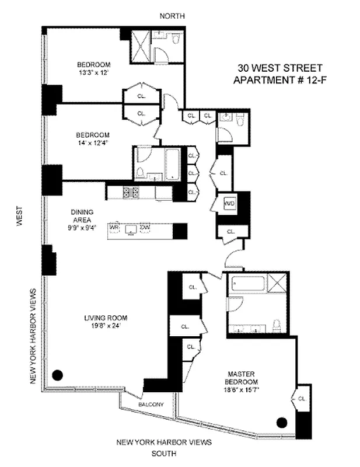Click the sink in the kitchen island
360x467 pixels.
pyautogui.click(x=130, y=229)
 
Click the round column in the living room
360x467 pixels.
pyautogui.click(x=58, y=375)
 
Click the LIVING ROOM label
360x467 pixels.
pyautogui.click(x=105, y=318)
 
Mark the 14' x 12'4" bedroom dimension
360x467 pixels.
pyautogui.click(x=93, y=142)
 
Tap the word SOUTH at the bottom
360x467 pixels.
pyautogui.click(x=164, y=453)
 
